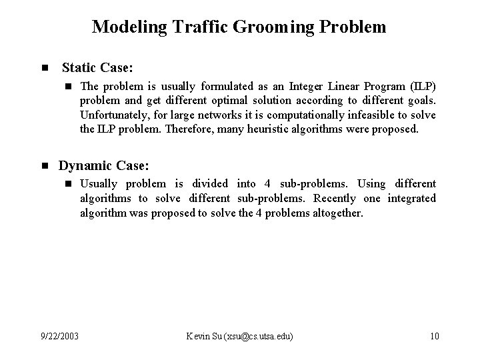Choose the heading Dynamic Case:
point(103,165)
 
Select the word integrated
point(411,198)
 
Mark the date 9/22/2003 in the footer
point(59,335)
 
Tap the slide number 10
point(434,335)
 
